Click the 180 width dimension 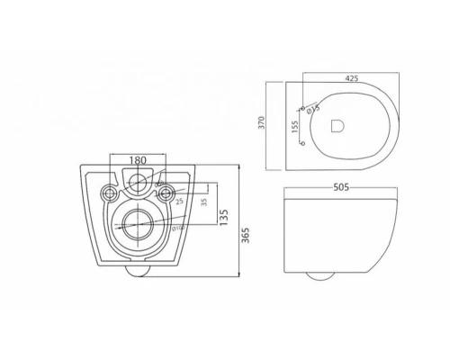(x=138, y=160)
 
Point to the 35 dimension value (x=204, y=202)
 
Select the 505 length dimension (x=341, y=187)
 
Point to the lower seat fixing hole (x=301, y=142)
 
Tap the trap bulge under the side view (x=317, y=274)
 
